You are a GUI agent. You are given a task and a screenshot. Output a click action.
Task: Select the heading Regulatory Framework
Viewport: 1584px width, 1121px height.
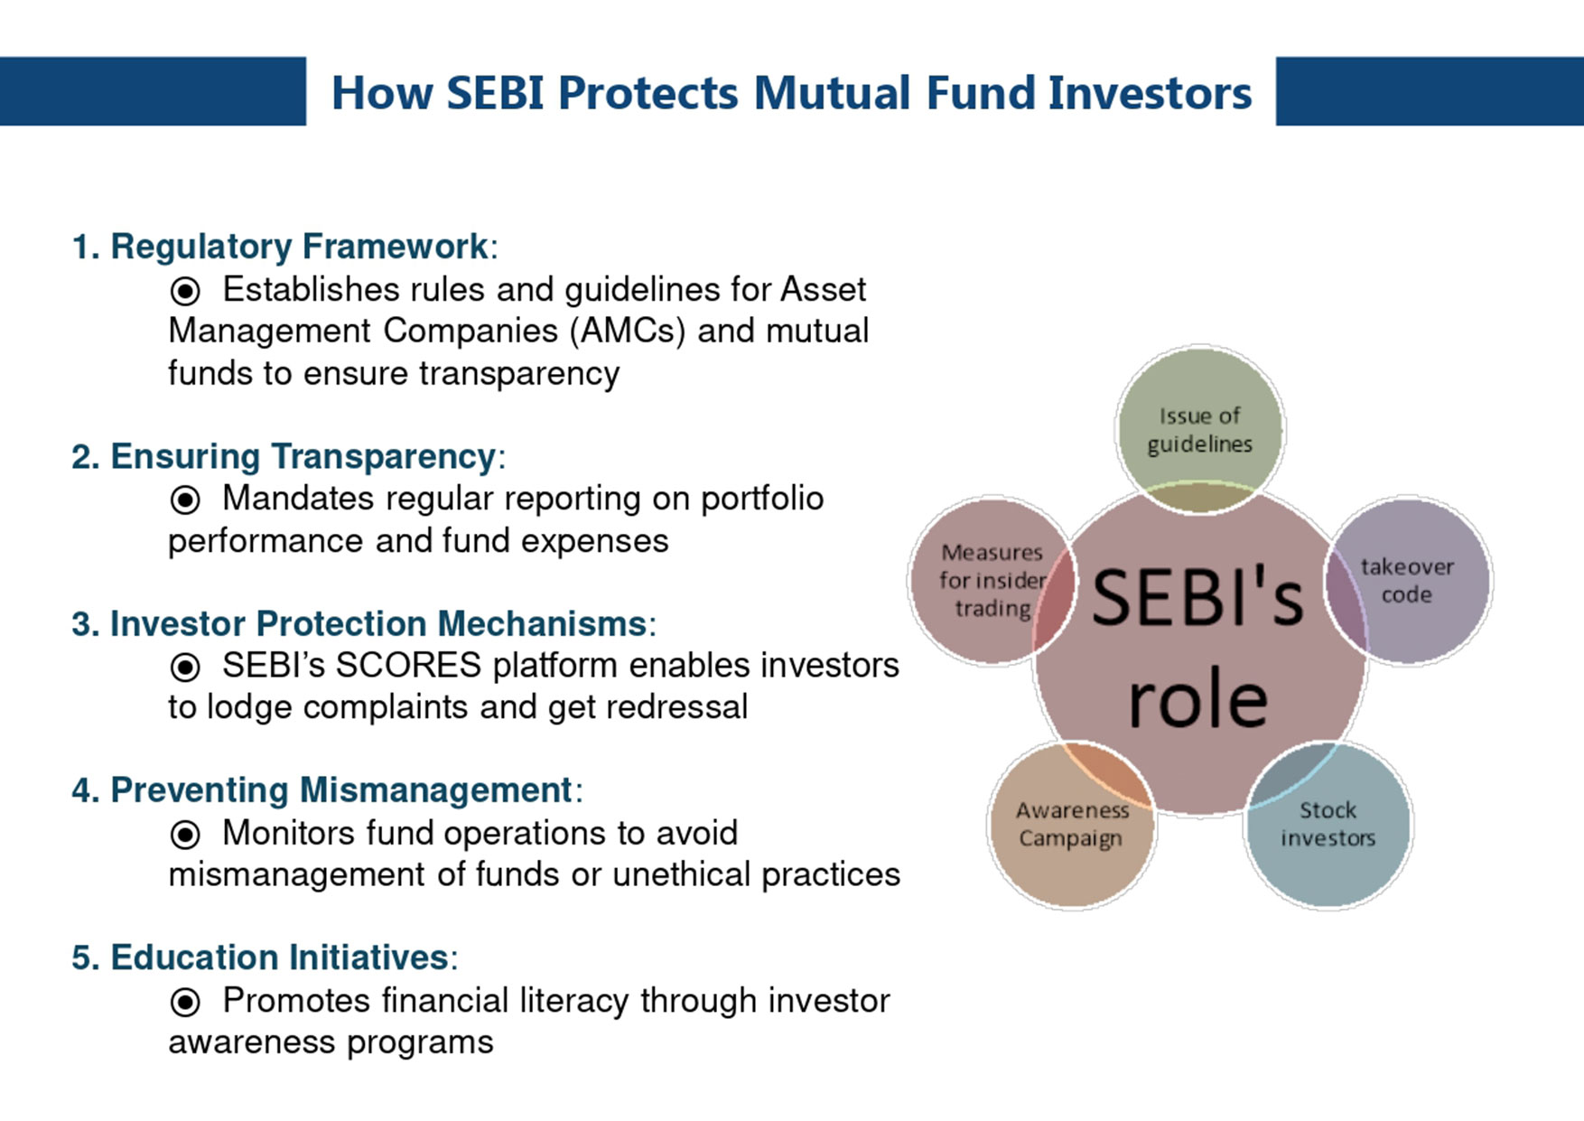299,247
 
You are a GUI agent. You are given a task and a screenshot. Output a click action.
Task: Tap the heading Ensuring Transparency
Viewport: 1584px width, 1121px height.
303,457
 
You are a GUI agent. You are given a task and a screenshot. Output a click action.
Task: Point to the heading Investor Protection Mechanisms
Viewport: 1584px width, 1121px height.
378,624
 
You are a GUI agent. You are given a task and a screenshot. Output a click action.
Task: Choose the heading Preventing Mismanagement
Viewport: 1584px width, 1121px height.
341,790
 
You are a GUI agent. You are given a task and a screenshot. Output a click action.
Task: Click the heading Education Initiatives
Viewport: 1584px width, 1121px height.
279,958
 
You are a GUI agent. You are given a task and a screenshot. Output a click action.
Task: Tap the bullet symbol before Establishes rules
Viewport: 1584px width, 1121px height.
185,291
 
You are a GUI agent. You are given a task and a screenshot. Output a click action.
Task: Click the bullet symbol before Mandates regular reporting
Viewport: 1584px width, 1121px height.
185,500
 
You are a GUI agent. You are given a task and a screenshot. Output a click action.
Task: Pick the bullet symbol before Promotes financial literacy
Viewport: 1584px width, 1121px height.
185,1002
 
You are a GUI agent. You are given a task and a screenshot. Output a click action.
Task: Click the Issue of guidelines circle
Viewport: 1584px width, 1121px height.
1200,430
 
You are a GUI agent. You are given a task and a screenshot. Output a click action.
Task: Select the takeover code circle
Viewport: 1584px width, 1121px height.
1408,581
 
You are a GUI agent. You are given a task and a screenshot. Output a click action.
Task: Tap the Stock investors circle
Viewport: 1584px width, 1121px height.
1328,824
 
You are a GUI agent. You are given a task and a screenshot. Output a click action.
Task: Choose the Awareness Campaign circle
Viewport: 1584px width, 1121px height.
1072,824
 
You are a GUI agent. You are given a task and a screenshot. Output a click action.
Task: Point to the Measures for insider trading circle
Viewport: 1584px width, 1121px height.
992,581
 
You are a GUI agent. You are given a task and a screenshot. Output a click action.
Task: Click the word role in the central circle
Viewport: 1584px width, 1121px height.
1198,699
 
